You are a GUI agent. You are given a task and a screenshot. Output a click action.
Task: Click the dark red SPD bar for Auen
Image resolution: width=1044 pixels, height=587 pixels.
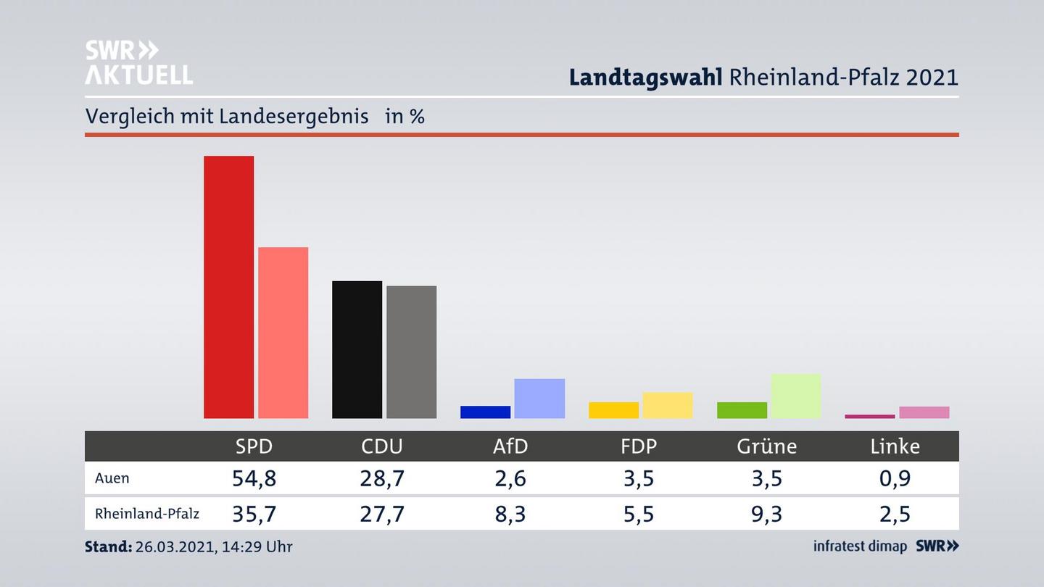pyautogui.click(x=228, y=287)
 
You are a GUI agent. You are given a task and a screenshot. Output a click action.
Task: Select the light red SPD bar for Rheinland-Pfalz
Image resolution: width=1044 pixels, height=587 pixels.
pyautogui.click(x=283, y=333)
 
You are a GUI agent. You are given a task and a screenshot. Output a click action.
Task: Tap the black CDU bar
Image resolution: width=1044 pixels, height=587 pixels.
pyautogui.click(x=357, y=349)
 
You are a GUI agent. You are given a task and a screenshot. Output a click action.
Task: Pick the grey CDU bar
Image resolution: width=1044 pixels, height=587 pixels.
pyautogui.click(x=411, y=352)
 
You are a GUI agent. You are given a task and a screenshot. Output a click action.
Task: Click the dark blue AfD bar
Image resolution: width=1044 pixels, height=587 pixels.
pyautogui.click(x=485, y=412)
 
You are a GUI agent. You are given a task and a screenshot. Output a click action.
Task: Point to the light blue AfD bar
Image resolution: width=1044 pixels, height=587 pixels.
pyautogui.click(x=539, y=399)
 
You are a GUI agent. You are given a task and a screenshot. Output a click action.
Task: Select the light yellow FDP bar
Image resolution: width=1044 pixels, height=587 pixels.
pyautogui.click(x=667, y=405)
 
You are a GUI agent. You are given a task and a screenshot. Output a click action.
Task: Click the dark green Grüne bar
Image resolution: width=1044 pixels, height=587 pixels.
pyautogui.click(x=742, y=410)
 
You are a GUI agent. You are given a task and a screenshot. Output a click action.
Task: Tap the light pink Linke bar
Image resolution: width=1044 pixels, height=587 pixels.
pyautogui.click(x=924, y=412)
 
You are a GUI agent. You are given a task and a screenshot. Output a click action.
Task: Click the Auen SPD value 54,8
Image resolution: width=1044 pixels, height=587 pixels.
pyautogui.click(x=254, y=478)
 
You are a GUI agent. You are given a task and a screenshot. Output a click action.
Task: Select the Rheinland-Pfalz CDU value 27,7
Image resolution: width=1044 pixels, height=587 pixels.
pyautogui.click(x=382, y=514)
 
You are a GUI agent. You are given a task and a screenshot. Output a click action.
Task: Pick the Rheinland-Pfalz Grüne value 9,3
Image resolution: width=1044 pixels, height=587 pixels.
pyautogui.click(x=766, y=514)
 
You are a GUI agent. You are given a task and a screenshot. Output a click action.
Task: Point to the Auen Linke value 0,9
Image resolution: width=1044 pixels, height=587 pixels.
pyautogui.click(x=895, y=478)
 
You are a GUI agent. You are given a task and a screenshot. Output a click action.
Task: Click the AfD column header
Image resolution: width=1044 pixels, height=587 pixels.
pyautogui.click(x=510, y=446)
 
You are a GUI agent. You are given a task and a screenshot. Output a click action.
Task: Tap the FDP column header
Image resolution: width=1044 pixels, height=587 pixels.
pyautogui.click(x=639, y=446)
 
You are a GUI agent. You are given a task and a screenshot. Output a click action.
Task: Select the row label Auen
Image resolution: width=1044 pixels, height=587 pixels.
pyautogui.click(x=112, y=478)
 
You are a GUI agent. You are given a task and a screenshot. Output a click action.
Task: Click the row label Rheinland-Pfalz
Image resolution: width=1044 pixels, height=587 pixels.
pyautogui.click(x=147, y=514)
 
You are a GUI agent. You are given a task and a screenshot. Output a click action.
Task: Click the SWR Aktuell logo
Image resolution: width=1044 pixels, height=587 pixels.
pyautogui.click(x=138, y=62)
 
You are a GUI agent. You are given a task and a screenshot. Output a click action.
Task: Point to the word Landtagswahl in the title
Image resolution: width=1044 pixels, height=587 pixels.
pyautogui.click(x=645, y=77)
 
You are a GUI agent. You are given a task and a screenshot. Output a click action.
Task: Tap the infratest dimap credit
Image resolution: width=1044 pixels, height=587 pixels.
pyautogui.click(x=860, y=546)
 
